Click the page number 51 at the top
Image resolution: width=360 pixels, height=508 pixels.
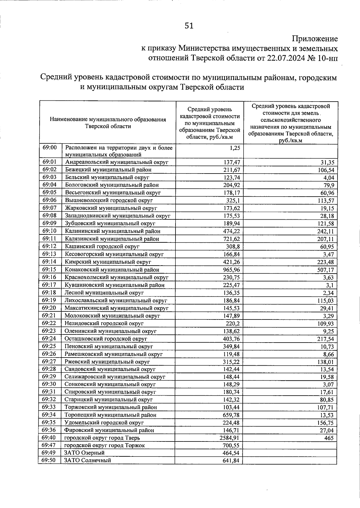coord(189,26)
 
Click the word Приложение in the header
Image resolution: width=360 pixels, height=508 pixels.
coord(315,39)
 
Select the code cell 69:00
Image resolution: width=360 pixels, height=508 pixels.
coord(50,148)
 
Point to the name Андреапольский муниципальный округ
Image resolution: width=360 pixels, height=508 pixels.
coord(117,162)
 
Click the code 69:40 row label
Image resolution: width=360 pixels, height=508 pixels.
coord(49,438)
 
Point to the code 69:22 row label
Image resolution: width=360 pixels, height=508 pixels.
coord(49,323)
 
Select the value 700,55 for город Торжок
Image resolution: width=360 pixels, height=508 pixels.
coord(231,446)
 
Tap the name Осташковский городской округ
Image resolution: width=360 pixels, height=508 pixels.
coord(106,339)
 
